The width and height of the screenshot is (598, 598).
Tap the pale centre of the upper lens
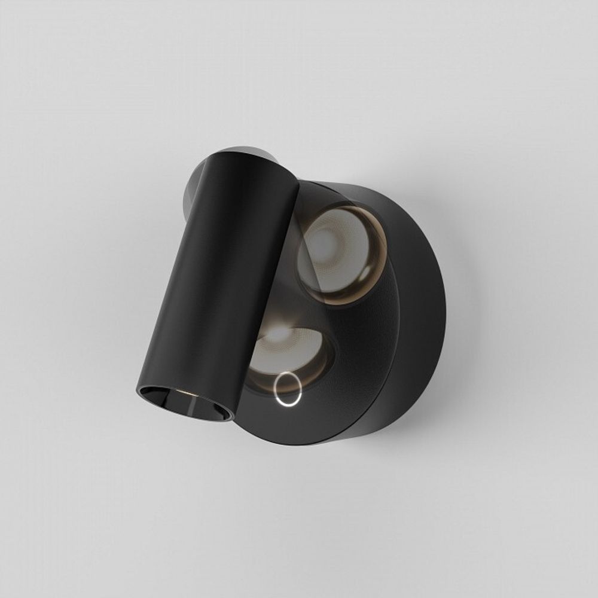326,245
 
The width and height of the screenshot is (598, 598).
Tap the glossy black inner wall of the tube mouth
206,407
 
